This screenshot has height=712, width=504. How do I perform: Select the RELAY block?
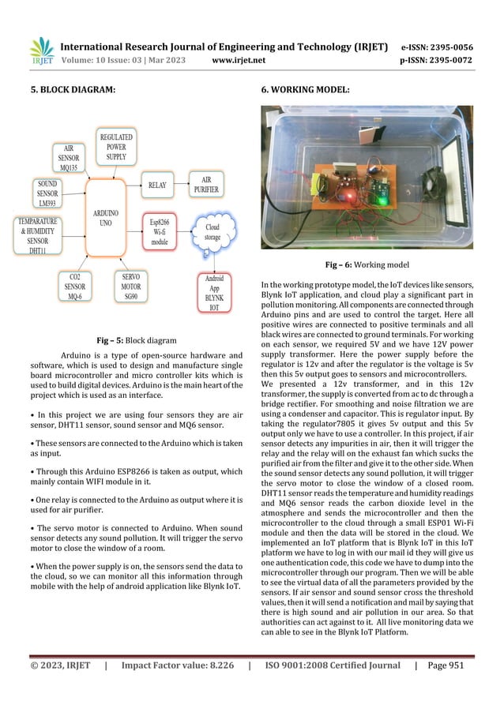click(x=157, y=186)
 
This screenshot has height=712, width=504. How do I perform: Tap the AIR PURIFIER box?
click(x=206, y=185)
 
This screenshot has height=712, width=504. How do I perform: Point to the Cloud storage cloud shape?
click(x=213, y=230)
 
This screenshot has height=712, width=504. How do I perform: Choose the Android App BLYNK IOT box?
click(x=214, y=292)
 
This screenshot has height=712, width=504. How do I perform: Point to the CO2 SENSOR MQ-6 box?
click(x=77, y=287)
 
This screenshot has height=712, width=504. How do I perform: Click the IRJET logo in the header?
click(x=42, y=53)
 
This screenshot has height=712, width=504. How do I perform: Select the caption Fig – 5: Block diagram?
click(x=137, y=341)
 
